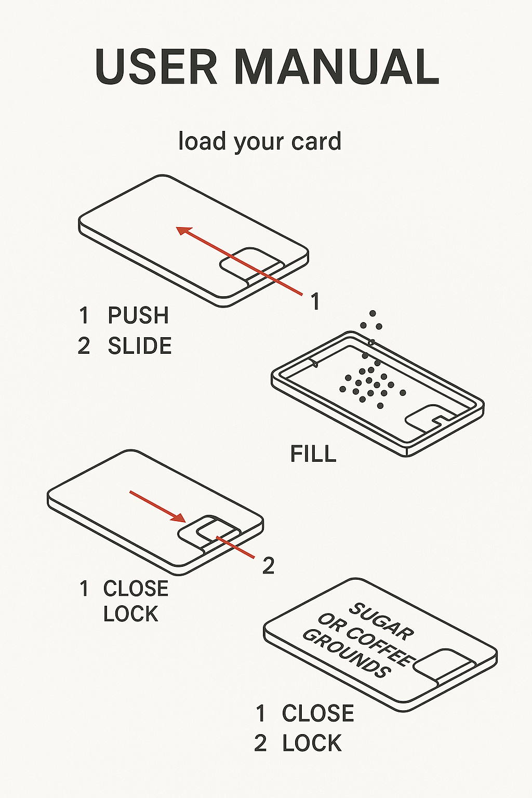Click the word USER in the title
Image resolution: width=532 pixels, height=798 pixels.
(x=156, y=68)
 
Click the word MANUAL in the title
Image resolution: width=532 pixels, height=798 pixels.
(x=337, y=68)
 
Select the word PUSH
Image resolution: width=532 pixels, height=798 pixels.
(x=138, y=316)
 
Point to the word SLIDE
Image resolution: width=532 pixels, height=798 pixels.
(x=140, y=347)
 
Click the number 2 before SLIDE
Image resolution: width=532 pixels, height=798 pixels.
(x=84, y=347)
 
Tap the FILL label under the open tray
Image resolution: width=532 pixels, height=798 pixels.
(x=313, y=454)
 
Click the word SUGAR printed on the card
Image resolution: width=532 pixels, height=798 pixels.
(x=382, y=621)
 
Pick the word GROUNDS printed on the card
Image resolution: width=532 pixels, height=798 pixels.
(x=347, y=653)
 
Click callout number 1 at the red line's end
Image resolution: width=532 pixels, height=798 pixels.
(x=315, y=302)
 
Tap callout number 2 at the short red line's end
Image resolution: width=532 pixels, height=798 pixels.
(x=268, y=566)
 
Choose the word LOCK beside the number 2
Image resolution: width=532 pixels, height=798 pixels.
(x=312, y=743)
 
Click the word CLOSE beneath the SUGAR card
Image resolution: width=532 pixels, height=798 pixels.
(x=318, y=714)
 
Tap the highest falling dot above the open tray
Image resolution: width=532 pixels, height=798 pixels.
(x=373, y=314)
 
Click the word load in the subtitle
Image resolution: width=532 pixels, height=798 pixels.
(x=202, y=141)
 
